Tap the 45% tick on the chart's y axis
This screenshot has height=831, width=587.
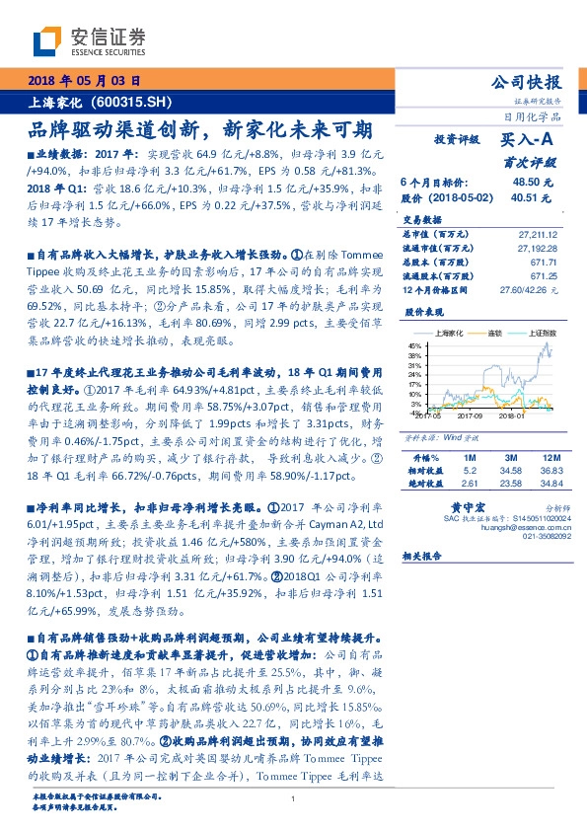click(x=414, y=343)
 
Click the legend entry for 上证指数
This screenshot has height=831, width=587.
click(x=540, y=336)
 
